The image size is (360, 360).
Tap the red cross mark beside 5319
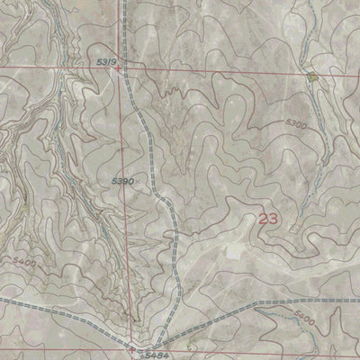click(119, 66)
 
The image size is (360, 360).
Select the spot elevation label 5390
click(122, 181)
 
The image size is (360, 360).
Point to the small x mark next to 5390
click(137, 182)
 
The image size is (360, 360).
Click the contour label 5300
click(294, 124)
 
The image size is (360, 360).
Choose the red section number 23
click(267, 218)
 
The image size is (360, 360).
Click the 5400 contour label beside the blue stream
click(305, 319)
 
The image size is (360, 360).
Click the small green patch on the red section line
click(312, 77)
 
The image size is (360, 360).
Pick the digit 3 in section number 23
click(273, 218)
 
